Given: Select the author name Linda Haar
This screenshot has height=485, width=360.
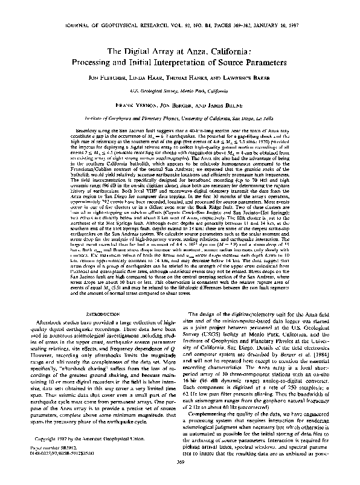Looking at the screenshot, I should pos(144,79).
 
